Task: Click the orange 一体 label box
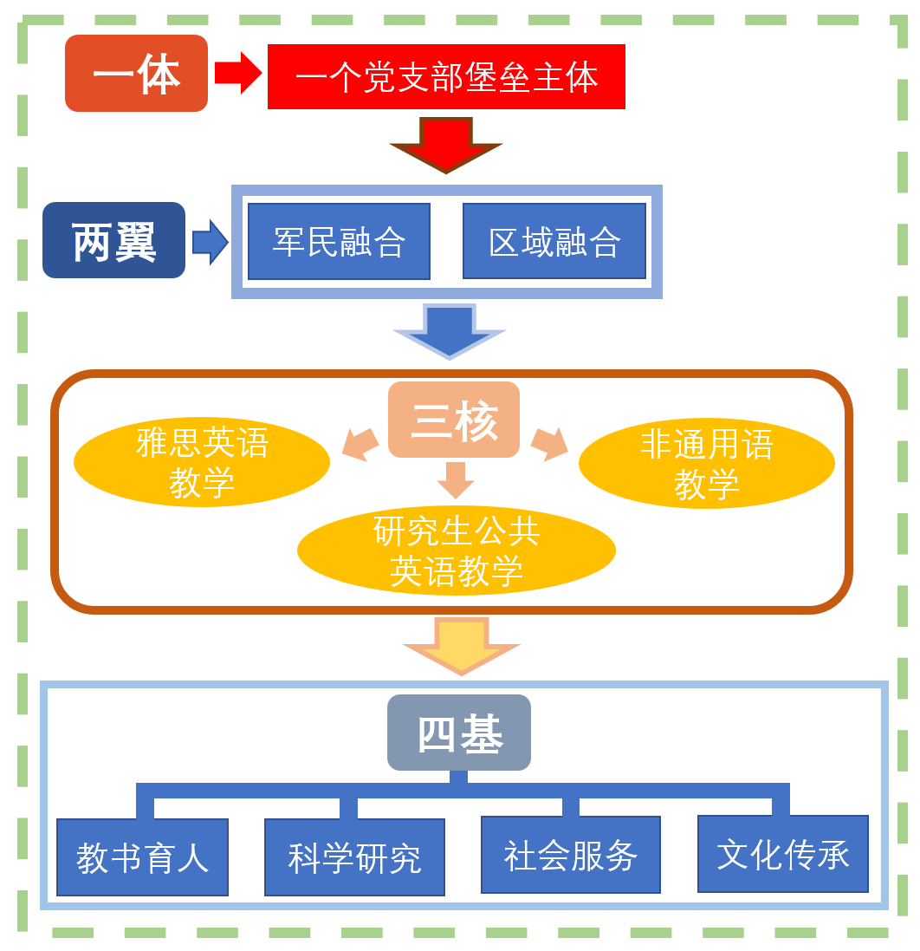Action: tap(136, 74)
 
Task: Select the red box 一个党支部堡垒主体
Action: tap(446, 77)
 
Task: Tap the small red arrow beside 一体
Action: tap(237, 73)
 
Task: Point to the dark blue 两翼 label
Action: tap(113, 240)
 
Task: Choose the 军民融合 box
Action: tap(339, 241)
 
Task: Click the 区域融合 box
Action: tap(554, 241)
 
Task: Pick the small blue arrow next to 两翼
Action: tap(210, 242)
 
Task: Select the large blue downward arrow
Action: tap(449, 329)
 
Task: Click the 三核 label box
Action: tap(454, 420)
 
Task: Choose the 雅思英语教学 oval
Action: tap(202, 462)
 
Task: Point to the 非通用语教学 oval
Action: tap(706, 464)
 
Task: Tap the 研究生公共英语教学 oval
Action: tap(456, 551)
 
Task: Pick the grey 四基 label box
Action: tap(458, 733)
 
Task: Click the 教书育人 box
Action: tap(142, 857)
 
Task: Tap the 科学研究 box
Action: tap(354, 857)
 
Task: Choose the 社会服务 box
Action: tap(570, 855)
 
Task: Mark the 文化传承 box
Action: tap(782, 854)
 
